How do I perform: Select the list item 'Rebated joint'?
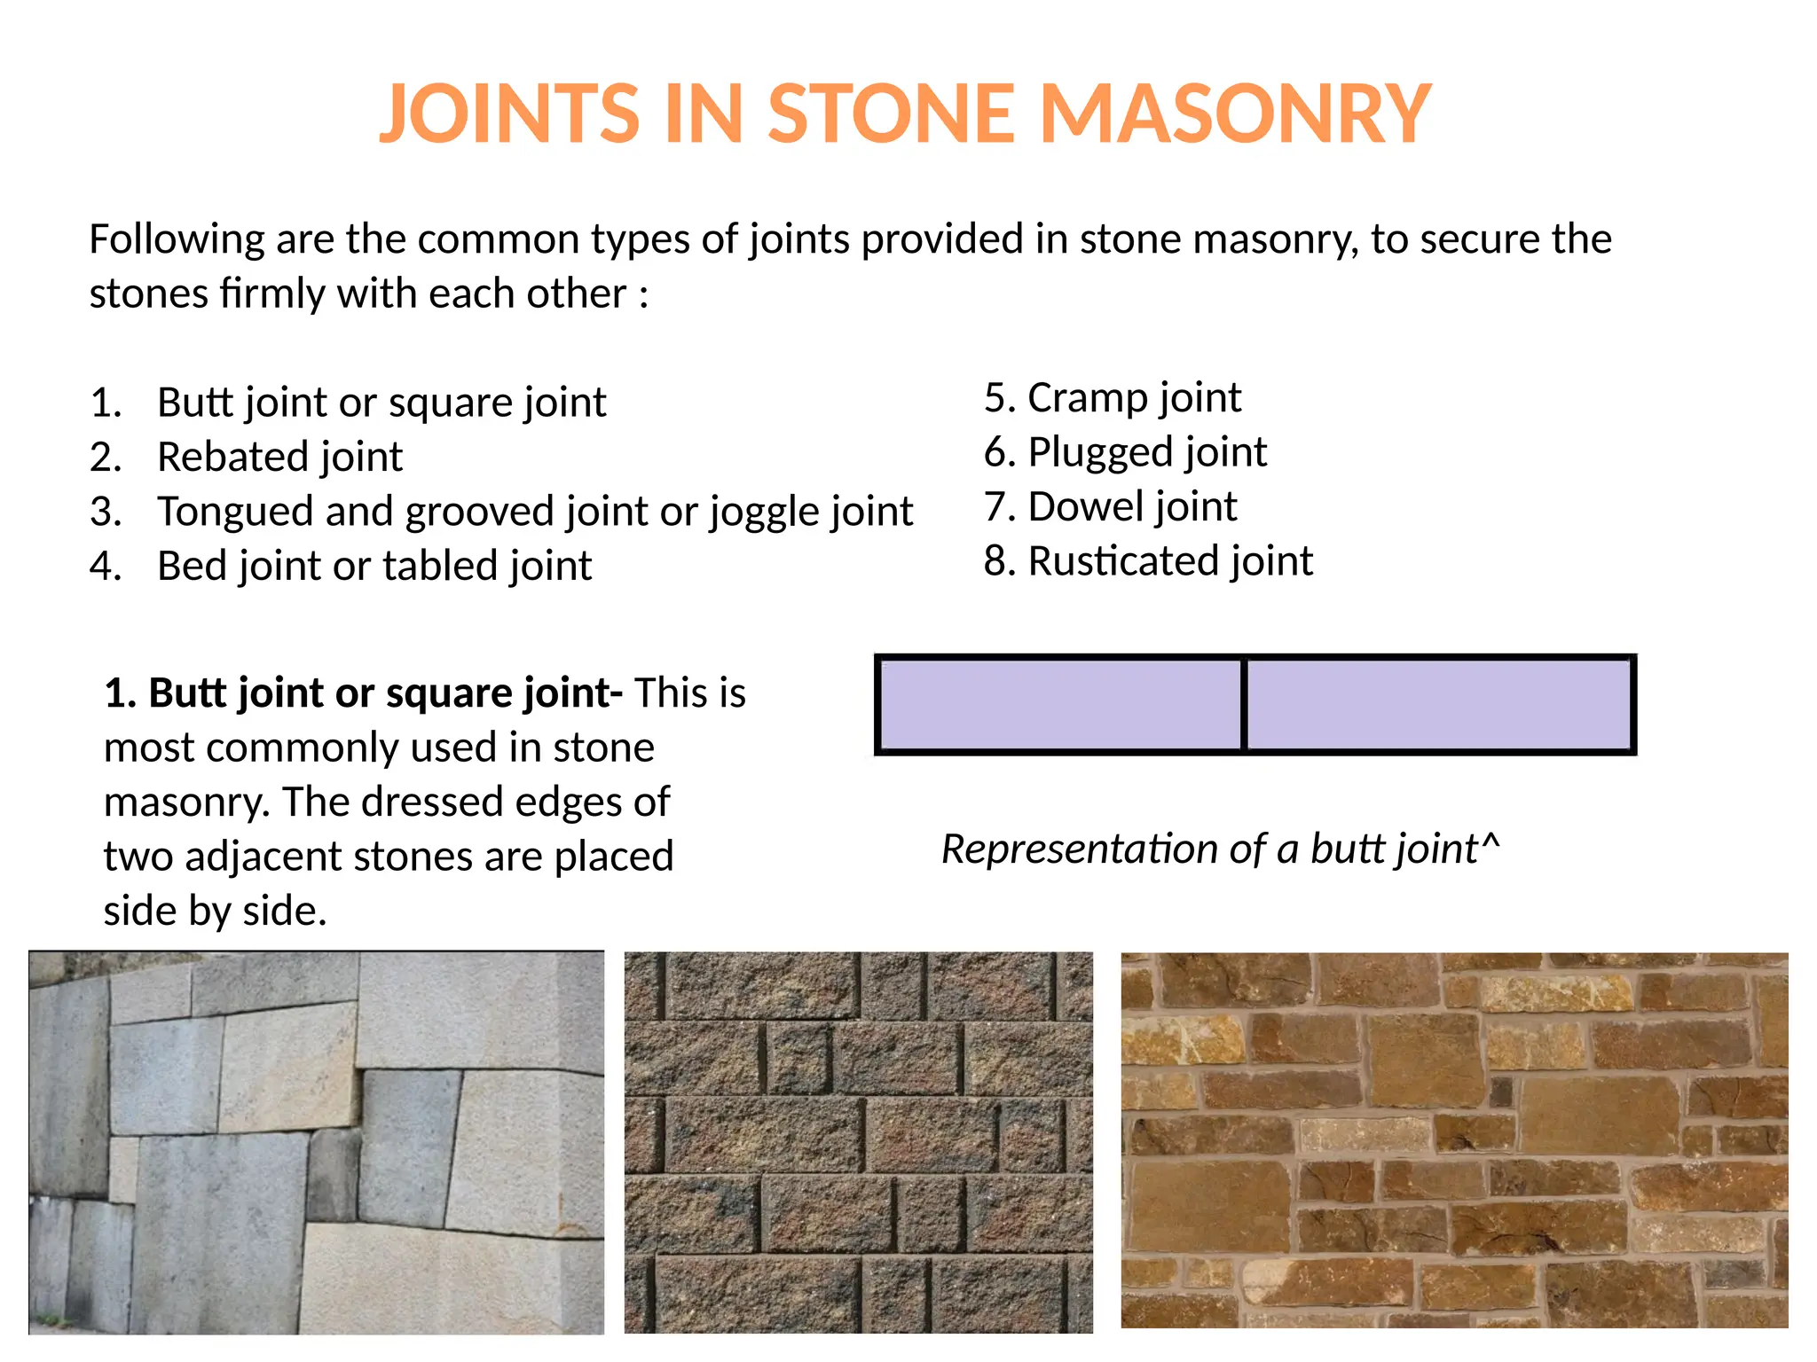[x=279, y=458]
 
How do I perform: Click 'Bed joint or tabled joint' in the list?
[x=374, y=567]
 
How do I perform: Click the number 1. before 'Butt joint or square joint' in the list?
[x=106, y=403]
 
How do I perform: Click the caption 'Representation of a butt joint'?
[x=1208, y=849]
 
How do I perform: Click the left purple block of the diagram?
[x=1060, y=705]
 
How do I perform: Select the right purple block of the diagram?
[x=1439, y=705]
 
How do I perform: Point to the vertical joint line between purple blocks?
[x=1244, y=705]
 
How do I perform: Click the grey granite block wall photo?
[x=316, y=1142]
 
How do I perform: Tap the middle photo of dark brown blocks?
[x=858, y=1142]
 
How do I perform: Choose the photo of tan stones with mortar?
[x=1454, y=1140]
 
